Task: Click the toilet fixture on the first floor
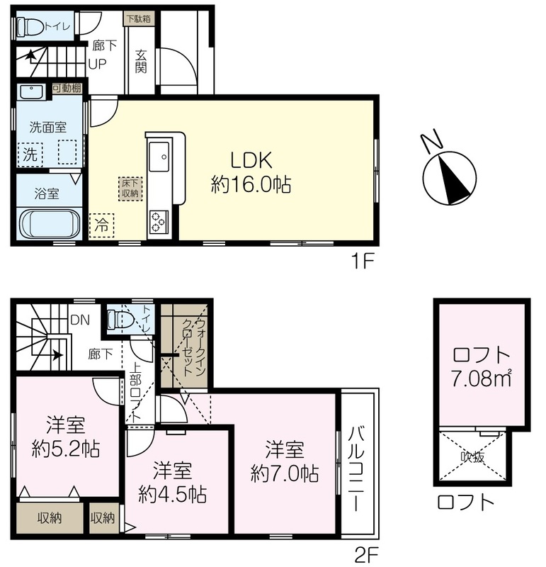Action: click(30, 27)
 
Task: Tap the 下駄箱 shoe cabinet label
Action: click(139, 19)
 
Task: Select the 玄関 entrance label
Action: click(141, 62)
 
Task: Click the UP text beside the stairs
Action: click(98, 64)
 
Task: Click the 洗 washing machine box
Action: click(30, 155)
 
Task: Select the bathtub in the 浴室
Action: click(50, 224)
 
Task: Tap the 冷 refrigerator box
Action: click(101, 225)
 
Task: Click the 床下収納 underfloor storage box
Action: click(130, 189)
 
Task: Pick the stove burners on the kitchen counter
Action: click(158, 221)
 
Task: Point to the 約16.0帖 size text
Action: click(251, 185)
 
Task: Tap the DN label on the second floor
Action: click(80, 320)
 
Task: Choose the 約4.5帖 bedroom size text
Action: click(173, 493)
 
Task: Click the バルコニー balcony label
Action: click(357, 469)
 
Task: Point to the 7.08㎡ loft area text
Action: click(481, 378)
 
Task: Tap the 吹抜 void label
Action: click(472, 457)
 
